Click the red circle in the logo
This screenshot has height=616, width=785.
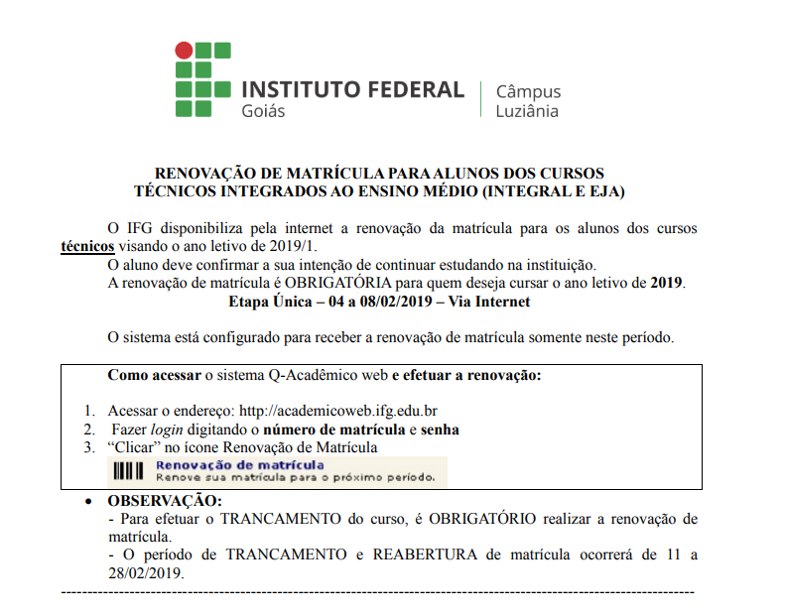click(x=184, y=50)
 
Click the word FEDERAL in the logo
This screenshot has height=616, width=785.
click(x=413, y=89)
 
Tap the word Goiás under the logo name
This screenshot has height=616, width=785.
click(x=263, y=111)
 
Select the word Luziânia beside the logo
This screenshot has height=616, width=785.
click(x=527, y=111)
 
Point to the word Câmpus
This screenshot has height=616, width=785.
click(x=528, y=91)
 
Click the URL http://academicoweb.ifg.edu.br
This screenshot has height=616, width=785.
click(x=338, y=411)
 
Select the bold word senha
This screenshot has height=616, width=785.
click(x=440, y=430)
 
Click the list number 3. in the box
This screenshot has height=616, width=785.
click(x=89, y=447)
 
